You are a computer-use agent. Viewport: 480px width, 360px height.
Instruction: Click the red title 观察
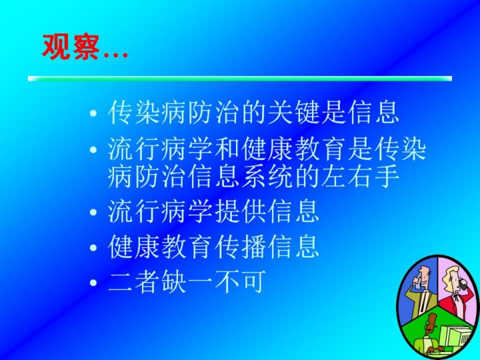pos(71,47)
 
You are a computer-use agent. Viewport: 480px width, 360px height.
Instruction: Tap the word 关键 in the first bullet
pos(294,112)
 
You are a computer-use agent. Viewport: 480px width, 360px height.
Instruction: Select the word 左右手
pos(360,176)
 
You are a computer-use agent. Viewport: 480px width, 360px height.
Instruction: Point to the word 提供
pos(241,211)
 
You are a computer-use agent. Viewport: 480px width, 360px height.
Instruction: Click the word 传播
pos(241,247)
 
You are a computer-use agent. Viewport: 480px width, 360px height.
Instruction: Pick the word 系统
pos(267,176)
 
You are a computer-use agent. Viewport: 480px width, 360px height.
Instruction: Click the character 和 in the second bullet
pos(227,150)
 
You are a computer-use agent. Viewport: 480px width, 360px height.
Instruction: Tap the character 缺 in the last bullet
pos(174,281)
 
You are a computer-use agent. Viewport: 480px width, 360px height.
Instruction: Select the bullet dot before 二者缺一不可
pos(93,282)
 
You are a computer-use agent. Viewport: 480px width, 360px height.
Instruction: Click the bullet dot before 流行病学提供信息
pos(93,212)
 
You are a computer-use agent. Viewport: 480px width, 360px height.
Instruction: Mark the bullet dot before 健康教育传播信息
pos(93,247)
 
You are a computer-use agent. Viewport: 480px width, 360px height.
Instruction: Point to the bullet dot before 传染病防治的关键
pos(93,113)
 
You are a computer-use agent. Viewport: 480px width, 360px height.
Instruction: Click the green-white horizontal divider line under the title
pos(240,79)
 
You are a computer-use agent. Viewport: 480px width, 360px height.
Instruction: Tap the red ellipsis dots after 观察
pos(116,55)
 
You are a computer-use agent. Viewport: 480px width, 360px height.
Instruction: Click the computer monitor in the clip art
pos(454,336)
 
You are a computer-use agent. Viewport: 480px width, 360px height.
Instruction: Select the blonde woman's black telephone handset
pos(463,284)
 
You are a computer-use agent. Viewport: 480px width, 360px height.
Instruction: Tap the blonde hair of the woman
pos(449,273)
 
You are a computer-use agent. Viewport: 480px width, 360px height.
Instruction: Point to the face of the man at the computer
pos(431,325)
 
